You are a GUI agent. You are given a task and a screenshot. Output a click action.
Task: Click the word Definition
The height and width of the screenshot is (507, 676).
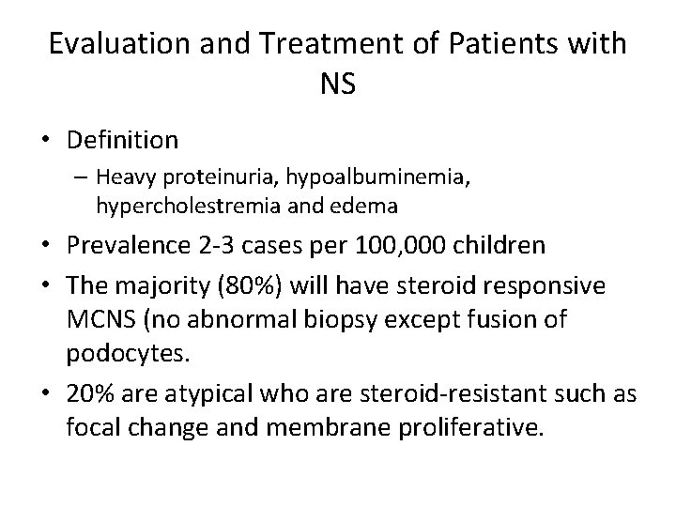click(x=122, y=141)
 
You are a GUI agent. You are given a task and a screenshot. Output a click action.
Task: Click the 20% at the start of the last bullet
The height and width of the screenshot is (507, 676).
click(x=87, y=395)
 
